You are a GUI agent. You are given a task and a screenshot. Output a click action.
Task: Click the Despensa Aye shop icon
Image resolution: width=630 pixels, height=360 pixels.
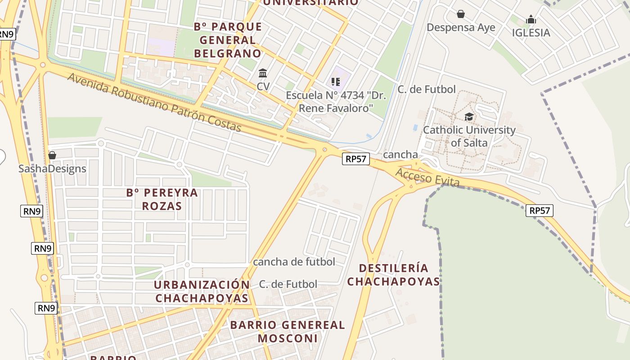460,14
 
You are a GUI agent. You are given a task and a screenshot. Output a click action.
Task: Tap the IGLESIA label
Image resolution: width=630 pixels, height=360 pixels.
531,32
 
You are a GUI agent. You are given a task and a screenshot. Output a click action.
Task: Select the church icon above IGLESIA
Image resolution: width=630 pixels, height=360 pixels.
531,19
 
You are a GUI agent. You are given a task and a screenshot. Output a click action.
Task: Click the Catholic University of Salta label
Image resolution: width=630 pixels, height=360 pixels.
469,136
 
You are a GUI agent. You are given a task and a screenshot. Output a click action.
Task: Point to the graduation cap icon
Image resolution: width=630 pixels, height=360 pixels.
469,117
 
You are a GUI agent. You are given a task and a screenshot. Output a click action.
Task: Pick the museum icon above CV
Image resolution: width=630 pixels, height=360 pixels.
263,73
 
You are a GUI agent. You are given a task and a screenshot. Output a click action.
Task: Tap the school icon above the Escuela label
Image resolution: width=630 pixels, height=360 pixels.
335,81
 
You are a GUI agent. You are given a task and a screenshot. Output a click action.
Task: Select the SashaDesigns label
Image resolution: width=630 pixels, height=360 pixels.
52,169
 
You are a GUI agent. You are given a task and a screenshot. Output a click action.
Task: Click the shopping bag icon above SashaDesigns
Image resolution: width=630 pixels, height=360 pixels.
52,155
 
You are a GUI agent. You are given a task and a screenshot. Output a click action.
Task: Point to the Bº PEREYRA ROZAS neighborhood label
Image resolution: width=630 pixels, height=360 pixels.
162,199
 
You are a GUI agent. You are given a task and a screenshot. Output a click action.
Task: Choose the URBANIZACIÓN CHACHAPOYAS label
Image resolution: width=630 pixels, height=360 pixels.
202,291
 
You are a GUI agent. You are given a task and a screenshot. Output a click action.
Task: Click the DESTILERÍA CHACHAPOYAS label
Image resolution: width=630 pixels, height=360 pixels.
393,274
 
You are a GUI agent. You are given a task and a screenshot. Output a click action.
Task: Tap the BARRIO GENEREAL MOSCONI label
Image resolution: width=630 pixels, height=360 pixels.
288,331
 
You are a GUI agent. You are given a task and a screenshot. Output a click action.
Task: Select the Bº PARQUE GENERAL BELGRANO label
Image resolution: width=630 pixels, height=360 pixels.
228,40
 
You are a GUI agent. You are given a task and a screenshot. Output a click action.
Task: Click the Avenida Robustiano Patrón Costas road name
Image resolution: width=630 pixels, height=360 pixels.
155,103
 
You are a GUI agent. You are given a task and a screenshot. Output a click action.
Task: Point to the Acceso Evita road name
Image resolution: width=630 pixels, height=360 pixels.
427,177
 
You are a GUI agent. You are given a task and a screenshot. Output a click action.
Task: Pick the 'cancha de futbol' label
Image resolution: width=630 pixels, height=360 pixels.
294,262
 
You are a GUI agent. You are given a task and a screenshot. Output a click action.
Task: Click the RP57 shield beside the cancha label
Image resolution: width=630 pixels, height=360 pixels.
356,158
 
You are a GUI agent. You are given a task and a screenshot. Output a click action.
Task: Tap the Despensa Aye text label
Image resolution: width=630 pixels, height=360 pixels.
461,27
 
